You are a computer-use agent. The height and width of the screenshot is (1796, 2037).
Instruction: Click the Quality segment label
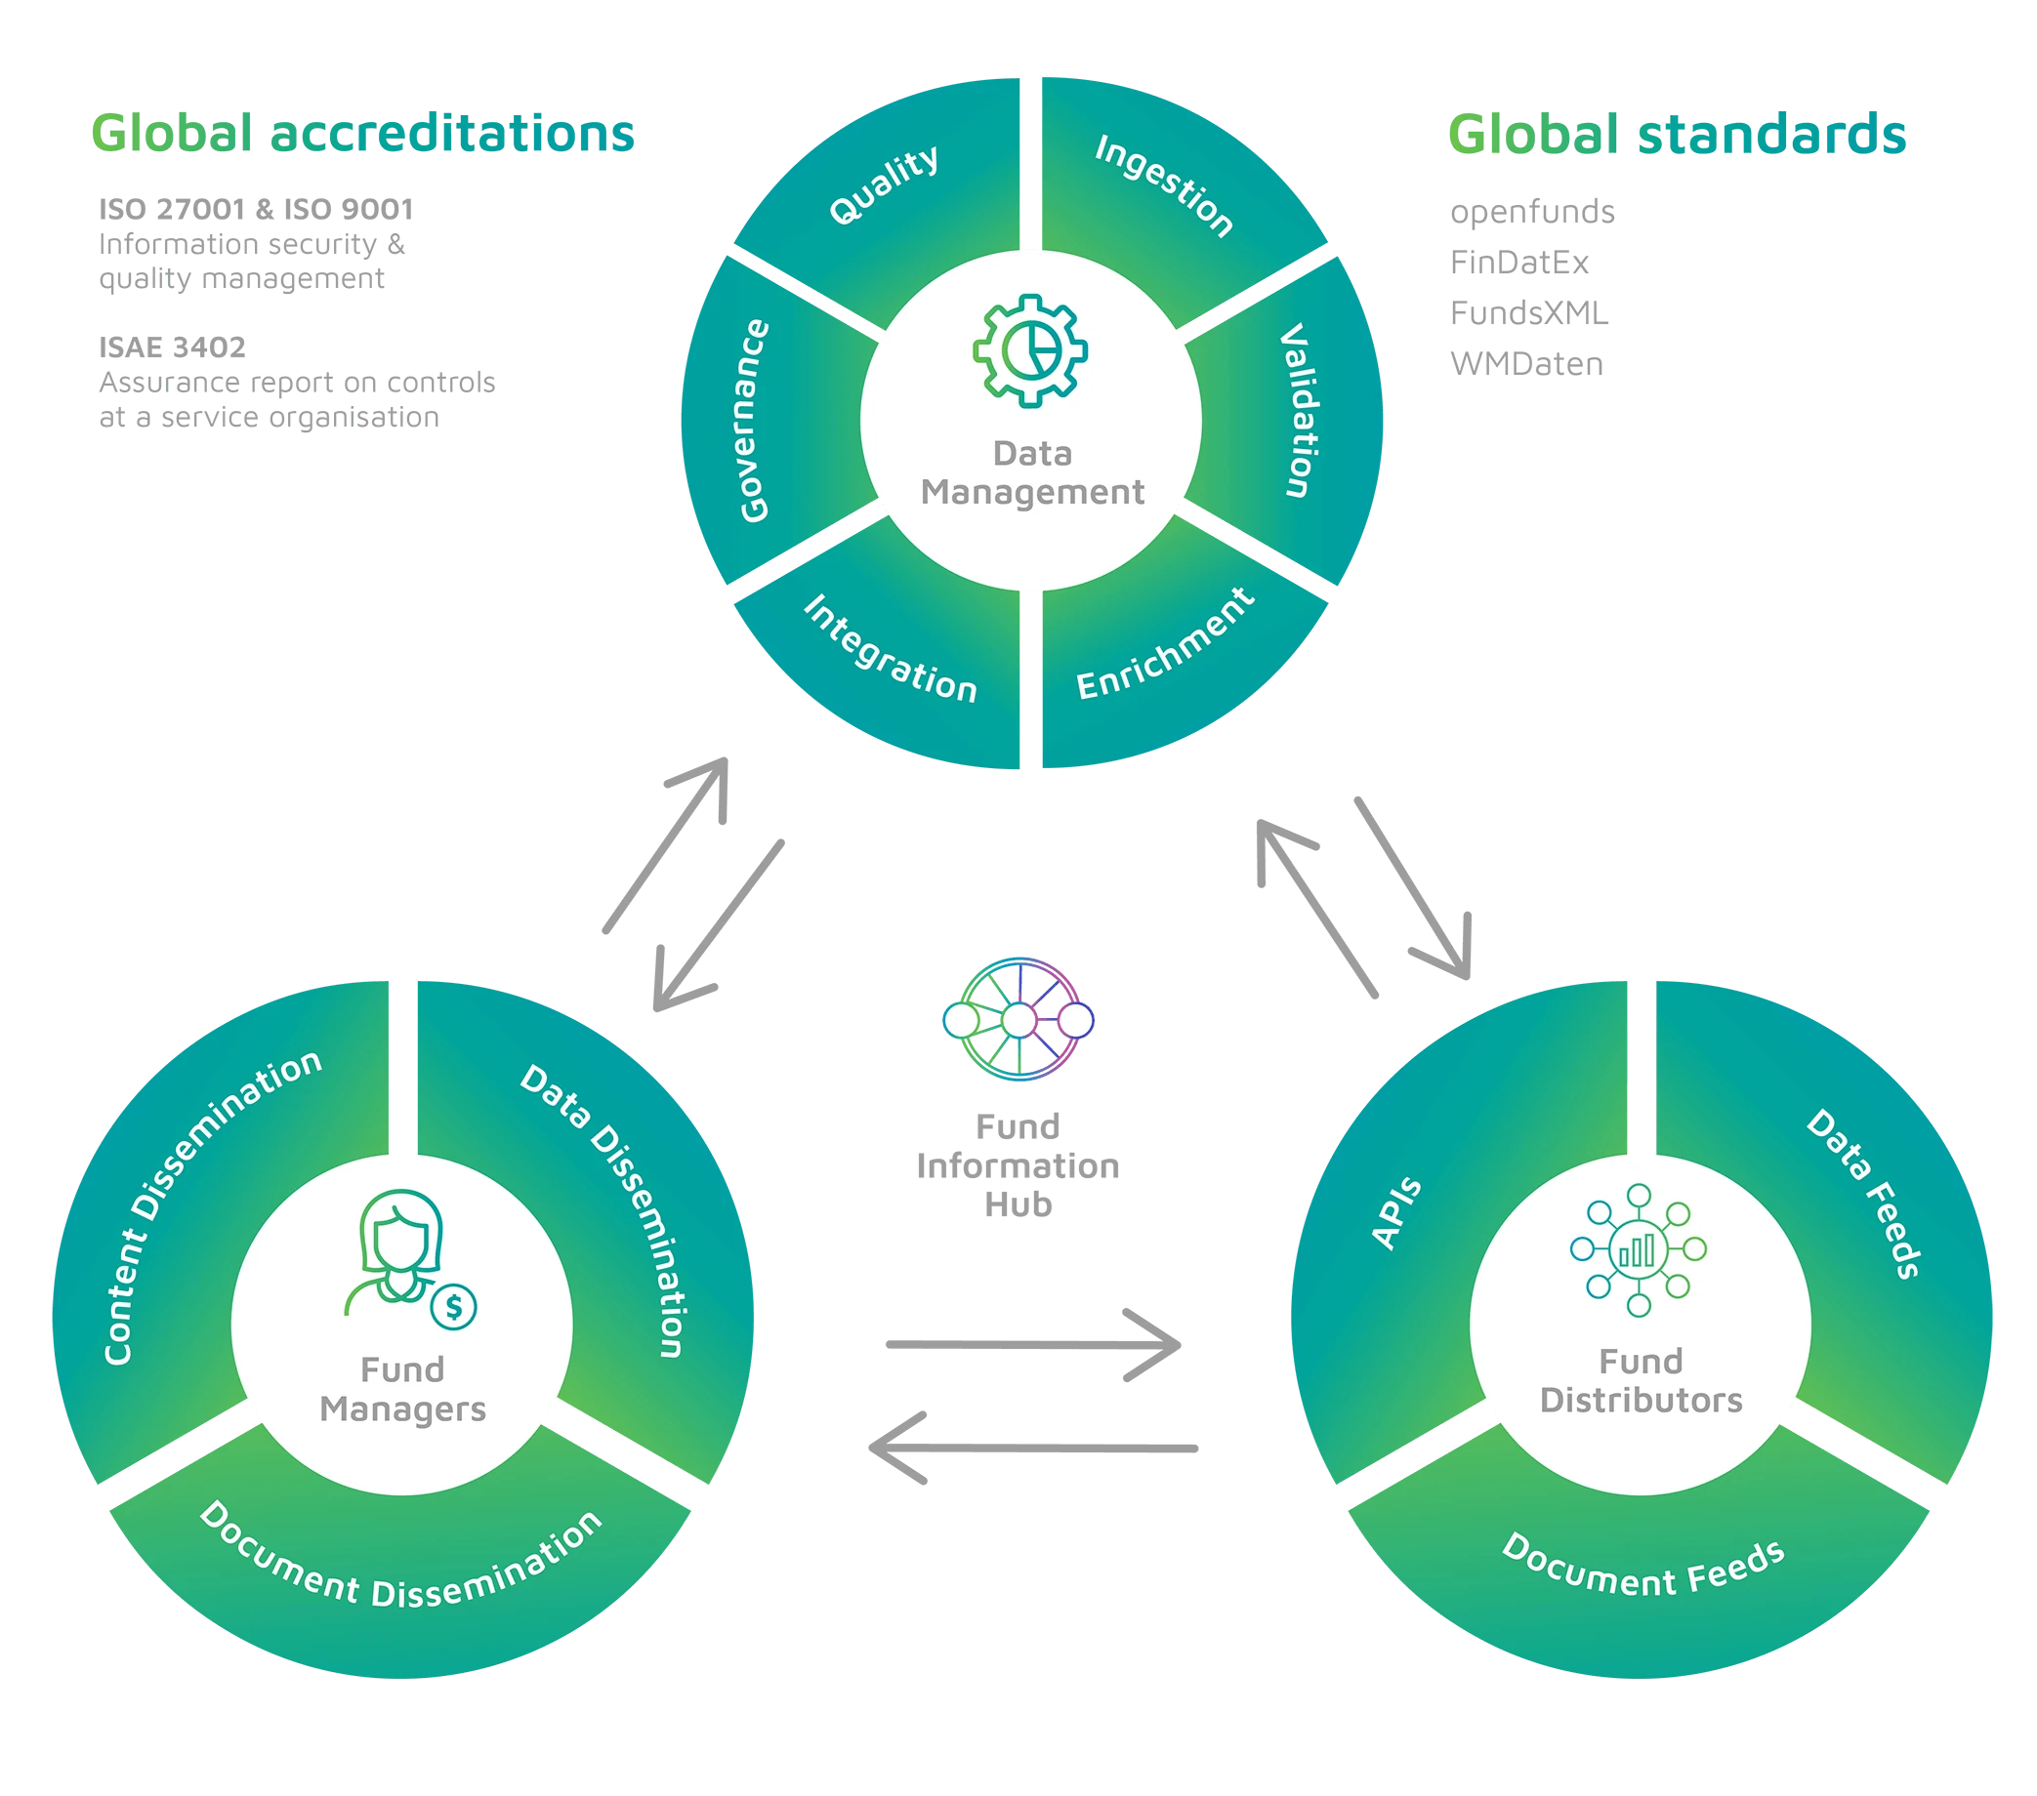pyautogui.click(x=884, y=184)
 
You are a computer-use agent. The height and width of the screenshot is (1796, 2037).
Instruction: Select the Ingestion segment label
pyautogui.click(x=1164, y=185)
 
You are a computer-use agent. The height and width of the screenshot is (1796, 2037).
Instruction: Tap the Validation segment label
pyautogui.click(x=1297, y=409)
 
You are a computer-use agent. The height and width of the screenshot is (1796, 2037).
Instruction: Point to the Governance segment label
pyautogui.click(x=755, y=421)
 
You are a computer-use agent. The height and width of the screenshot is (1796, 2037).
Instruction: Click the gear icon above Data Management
pyautogui.click(x=1030, y=349)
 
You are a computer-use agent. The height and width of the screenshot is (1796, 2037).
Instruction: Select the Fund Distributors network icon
pyautogui.click(x=1639, y=1249)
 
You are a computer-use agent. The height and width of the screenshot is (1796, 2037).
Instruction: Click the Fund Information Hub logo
pyautogui.click(x=1018, y=1019)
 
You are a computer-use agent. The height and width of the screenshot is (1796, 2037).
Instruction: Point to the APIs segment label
pyautogui.click(x=1396, y=1212)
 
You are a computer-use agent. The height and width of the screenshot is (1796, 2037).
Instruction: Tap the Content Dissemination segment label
pyautogui.click(x=210, y=1205)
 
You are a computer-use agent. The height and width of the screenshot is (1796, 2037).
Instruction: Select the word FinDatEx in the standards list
pyautogui.click(x=1518, y=263)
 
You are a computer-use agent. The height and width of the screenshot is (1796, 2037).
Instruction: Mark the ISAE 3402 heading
pyautogui.click(x=173, y=347)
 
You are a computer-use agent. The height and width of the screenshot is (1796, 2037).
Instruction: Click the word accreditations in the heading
pyautogui.click(x=452, y=134)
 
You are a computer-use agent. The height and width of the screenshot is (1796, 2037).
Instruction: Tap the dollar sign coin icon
pyautogui.click(x=454, y=1306)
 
